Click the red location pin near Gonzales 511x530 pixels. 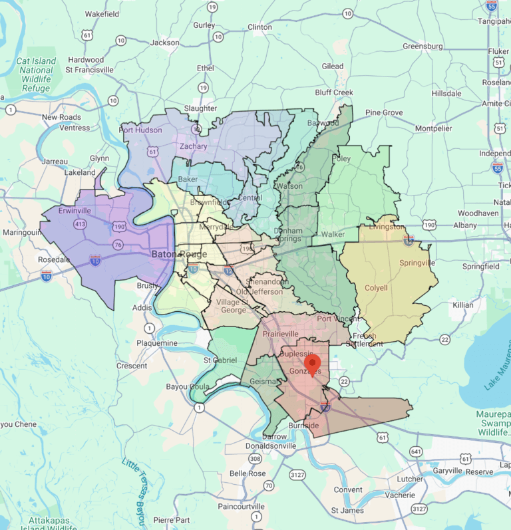(312, 364)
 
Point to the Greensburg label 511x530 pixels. (423, 47)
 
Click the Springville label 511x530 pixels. (417, 263)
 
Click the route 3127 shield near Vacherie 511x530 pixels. (419, 509)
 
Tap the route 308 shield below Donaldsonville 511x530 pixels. (255, 460)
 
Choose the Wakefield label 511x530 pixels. (102, 13)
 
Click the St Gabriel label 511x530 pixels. (220, 360)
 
